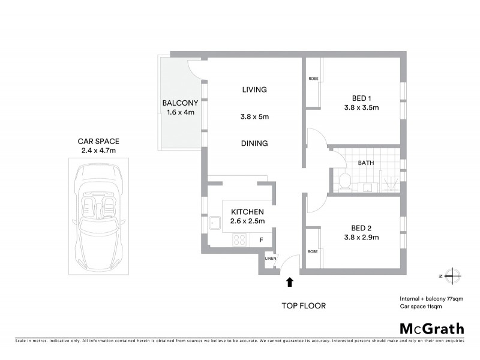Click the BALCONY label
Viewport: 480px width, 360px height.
pos(180,103)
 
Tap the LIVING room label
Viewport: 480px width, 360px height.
pos(254,90)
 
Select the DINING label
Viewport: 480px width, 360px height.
pos(254,143)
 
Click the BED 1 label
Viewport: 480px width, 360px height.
pos(362,99)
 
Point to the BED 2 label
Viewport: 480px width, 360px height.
pos(362,228)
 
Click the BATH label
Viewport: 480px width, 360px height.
pos(366,163)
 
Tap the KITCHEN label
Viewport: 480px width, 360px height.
pos(247,212)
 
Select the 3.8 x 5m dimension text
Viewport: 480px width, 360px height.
pos(254,117)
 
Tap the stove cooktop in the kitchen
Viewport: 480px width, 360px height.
pos(239,239)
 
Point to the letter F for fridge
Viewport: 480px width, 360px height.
pos(261,240)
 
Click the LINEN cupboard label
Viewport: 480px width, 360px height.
pos(270,259)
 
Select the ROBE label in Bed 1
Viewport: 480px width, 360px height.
pos(313,79)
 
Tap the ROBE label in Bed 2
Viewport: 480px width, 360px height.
pos(313,251)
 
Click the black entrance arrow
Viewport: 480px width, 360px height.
pos(290,281)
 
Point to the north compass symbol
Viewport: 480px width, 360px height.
pos(451,275)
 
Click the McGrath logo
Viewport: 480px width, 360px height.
pos(432,328)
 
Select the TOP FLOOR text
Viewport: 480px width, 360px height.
pos(304,306)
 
